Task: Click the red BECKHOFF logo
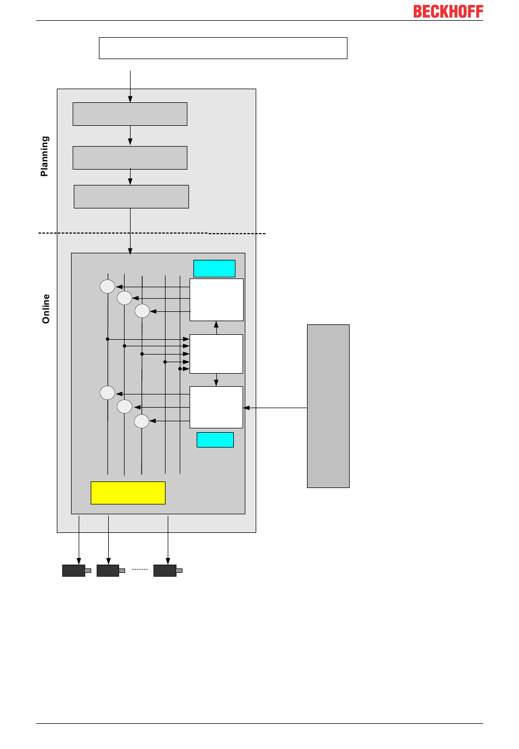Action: (x=448, y=11)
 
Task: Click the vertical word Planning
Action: (x=45, y=156)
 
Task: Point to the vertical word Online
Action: (x=46, y=309)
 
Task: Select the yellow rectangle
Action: (x=128, y=492)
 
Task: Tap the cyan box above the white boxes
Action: (x=214, y=269)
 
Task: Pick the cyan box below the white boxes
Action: (x=215, y=439)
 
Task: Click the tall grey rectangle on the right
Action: (x=328, y=406)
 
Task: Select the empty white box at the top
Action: (x=223, y=48)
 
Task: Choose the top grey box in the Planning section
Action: (x=130, y=114)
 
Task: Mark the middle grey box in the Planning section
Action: (x=130, y=158)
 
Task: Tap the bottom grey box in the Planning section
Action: (x=131, y=196)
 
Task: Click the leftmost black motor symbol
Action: (x=74, y=570)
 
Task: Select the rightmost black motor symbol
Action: (x=166, y=570)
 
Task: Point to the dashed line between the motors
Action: (x=140, y=570)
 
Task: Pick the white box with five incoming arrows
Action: (x=216, y=354)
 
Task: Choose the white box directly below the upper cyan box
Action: (x=216, y=300)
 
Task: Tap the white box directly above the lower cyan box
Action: (x=216, y=407)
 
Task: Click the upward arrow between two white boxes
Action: (x=216, y=327)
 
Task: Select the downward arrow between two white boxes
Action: (x=216, y=380)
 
